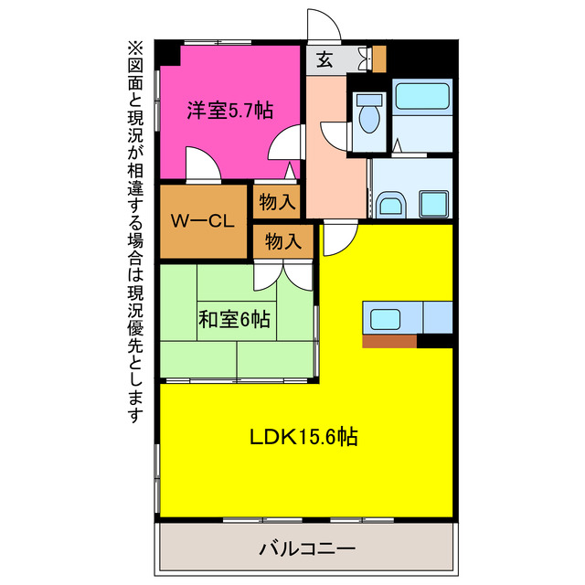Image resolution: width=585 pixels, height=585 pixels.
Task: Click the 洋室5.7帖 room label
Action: coord(229,111)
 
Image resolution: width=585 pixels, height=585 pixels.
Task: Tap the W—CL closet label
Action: coord(205,220)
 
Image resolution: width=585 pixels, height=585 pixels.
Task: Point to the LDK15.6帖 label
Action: coord(303,436)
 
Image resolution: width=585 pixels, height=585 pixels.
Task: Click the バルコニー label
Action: coord(307,549)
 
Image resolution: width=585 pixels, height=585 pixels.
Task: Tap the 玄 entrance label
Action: coord(324,60)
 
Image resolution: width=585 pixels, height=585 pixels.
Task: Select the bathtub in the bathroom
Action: coord(421,98)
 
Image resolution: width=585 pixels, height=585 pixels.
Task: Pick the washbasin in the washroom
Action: coord(389,205)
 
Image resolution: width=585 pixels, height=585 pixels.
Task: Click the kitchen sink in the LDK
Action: coord(385,320)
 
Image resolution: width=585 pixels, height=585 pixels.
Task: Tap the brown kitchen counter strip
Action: coord(389,341)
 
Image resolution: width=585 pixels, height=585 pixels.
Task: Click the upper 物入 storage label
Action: coord(276,201)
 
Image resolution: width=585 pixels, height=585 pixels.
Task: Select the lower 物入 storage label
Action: coord(283,241)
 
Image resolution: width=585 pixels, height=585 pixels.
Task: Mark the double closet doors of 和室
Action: coord(284,275)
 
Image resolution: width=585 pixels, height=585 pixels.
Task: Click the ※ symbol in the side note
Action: coord(135,48)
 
